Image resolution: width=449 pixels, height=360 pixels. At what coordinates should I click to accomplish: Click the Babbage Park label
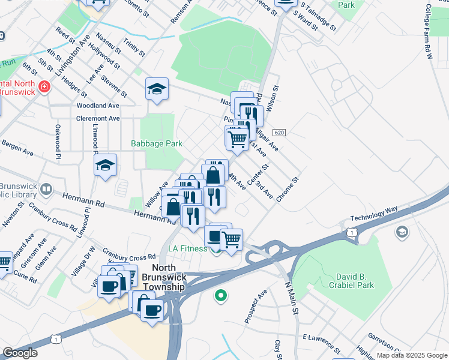[x=157, y=144]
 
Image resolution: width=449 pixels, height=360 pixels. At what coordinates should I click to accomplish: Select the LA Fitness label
[x=188, y=248]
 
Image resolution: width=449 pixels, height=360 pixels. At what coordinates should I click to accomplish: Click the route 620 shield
[x=277, y=132]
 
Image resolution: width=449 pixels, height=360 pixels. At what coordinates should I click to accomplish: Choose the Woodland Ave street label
[x=98, y=105]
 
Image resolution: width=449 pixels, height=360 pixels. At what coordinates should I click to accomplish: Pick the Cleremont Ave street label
[x=98, y=118]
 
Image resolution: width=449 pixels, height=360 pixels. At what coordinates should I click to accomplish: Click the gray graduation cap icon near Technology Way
[x=402, y=232]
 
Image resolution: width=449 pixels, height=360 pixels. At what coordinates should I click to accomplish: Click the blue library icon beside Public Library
[x=46, y=191]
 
